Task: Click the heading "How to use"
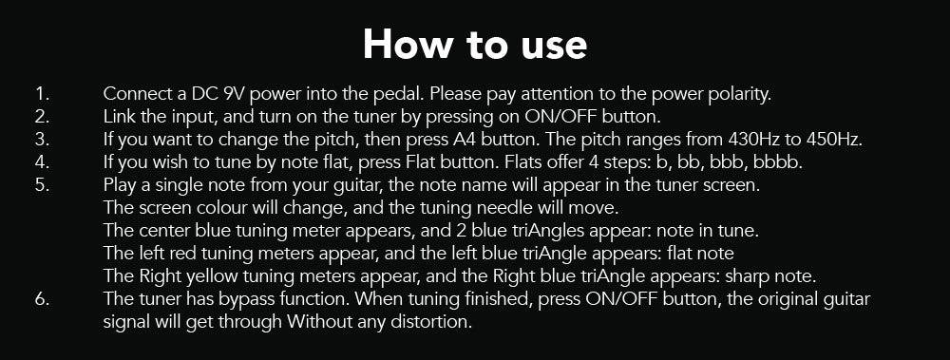(x=475, y=45)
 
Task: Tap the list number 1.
(x=42, y=95)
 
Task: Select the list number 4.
(x=42, y=163)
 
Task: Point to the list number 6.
(x=42, y=299)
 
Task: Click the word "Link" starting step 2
(x=120, y=118)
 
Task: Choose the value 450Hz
(x=834, y=140)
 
